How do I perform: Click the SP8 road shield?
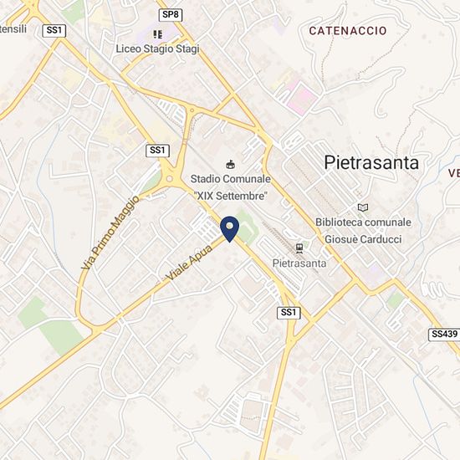[170, 14]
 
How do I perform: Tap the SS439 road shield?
[443, 334]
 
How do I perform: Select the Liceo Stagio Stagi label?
[158, 49]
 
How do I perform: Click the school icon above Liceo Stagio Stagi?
[157, 33]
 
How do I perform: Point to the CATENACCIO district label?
[347, 30]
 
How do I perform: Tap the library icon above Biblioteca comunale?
[362, 207]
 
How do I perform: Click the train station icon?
[299, 248]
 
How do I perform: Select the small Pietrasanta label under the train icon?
[299, 263]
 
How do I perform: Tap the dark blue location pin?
[229, 227]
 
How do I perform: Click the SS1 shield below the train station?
[289, 313]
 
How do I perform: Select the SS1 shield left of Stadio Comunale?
[157, 150]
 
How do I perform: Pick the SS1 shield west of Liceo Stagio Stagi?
[56, 29]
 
